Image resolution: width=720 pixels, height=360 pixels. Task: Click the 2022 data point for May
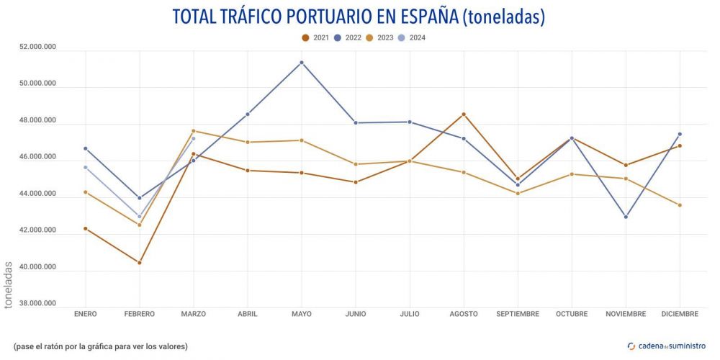pos(302,63)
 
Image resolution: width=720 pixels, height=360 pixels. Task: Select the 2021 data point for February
pos(140,263)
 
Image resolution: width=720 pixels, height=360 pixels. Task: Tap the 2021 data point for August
pos(464,114)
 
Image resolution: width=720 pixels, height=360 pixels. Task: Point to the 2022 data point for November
pos(626,217)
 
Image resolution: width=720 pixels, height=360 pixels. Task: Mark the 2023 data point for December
pos(680,205)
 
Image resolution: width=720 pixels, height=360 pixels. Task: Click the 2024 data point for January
pos(86,167)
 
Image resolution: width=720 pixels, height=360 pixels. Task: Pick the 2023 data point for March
pos(194,131)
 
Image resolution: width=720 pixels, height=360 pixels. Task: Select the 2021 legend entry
pos(318,37)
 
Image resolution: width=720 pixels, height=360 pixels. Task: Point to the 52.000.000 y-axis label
pos(38,48)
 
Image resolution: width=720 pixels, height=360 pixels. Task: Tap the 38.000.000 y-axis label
pos(38,304)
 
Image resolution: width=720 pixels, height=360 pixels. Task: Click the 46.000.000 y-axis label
pos(38,158)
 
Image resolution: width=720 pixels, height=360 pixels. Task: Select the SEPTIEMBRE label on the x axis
pos(518,314)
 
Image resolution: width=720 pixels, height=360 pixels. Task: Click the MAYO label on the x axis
pos(302,314)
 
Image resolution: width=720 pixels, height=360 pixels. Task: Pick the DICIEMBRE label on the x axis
pos(680,314)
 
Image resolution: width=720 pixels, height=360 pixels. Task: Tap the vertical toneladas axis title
pos(9,284)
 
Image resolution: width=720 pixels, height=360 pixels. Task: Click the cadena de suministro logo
pos(666,346)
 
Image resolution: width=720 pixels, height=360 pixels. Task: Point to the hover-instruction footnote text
pos(101,346)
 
